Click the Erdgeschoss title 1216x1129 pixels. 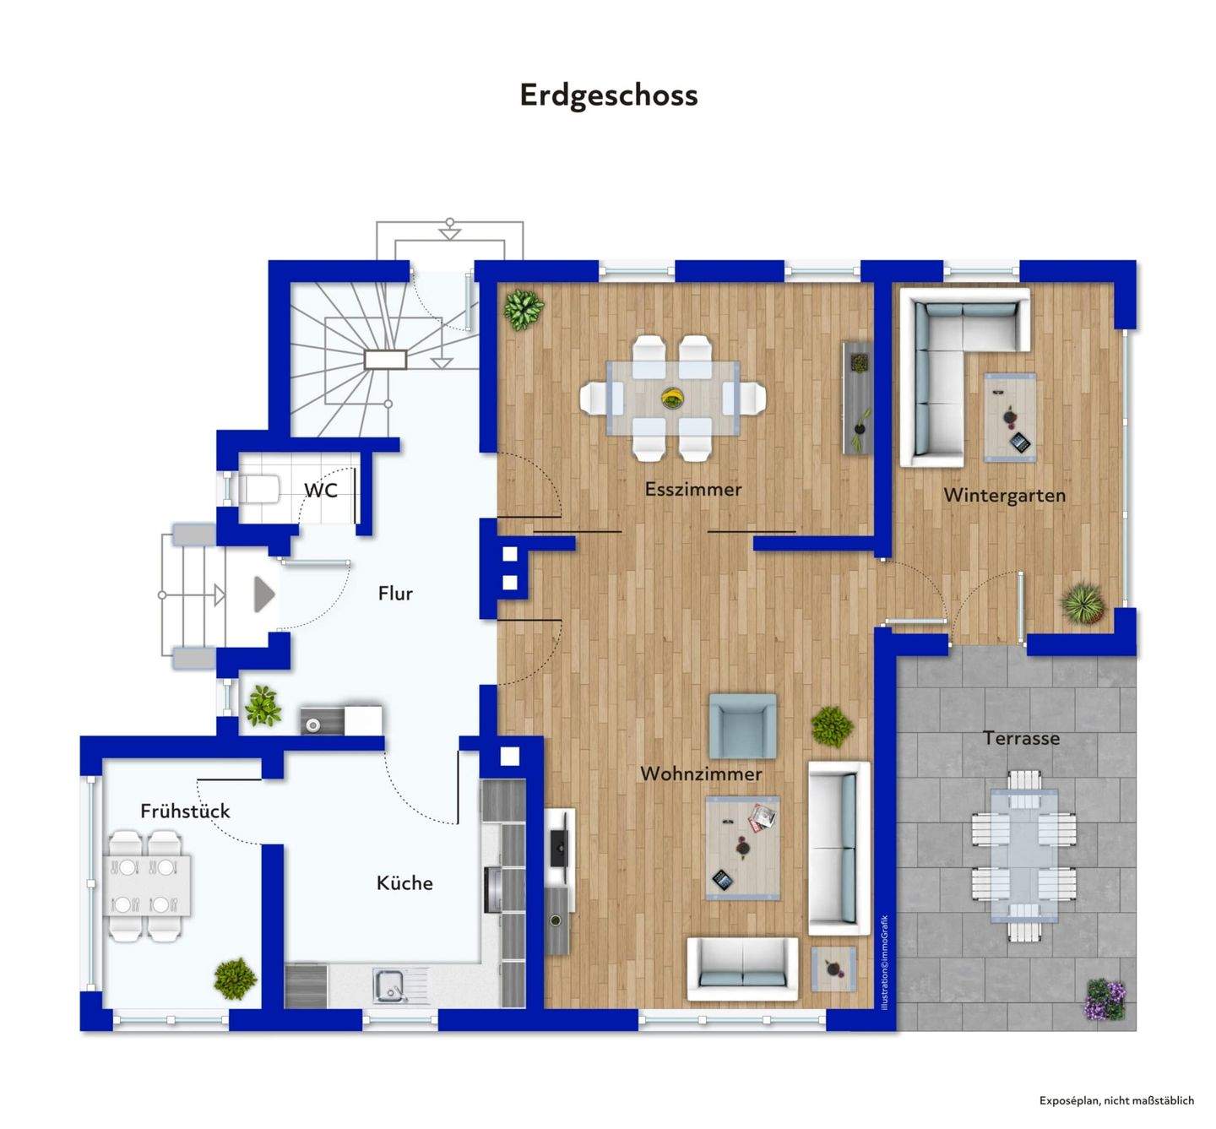point(608,95)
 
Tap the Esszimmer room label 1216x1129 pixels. point(692,489)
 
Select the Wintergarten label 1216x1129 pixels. point(1004,495)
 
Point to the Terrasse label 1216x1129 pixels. point(1021,738)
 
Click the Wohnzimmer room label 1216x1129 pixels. point(701,773)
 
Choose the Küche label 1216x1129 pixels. point(404,883)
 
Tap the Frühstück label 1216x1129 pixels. point(185,811)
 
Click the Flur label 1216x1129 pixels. point(395,594)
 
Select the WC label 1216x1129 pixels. point(321,491)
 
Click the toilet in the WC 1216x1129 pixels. point(259,489)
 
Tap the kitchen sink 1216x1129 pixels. point(391,985)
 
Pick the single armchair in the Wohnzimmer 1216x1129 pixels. point(742,725)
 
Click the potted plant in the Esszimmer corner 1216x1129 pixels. point(524,309)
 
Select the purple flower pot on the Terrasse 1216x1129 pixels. point(1105,999)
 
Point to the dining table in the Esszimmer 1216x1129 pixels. point(672,398)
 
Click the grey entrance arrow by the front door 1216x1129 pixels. point(264,594)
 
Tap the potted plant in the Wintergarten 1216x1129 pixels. point(1082,604)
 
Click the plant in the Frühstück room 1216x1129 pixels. point(235,979)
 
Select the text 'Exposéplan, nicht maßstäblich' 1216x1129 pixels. point(1116,1100)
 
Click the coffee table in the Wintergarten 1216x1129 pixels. point(1010,417)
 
